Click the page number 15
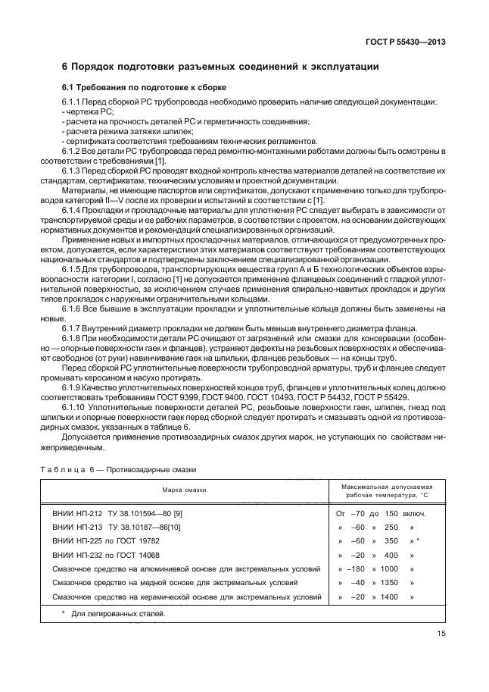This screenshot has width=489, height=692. (441, 635)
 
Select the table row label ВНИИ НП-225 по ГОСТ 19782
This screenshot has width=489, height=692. (106, 541)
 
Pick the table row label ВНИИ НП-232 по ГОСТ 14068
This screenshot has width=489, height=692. (106, 555)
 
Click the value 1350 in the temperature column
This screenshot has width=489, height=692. (389, 583)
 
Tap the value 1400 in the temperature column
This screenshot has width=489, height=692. (389, 596)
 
